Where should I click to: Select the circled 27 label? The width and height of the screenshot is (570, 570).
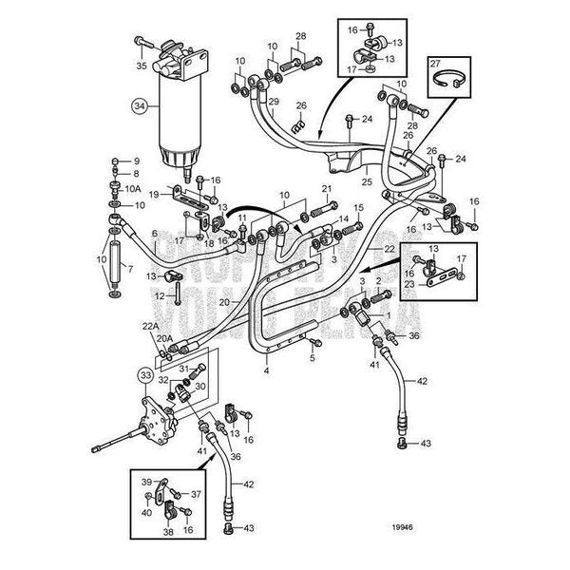point(438,64)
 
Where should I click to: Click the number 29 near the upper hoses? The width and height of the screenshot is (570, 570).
point(273,103)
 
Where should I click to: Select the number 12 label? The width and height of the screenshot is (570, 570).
point(160,296)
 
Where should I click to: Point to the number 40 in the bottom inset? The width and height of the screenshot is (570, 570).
point(147,513)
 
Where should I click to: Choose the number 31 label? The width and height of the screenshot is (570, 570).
point(183,369)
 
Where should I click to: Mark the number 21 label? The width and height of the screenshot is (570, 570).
point(328,188)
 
